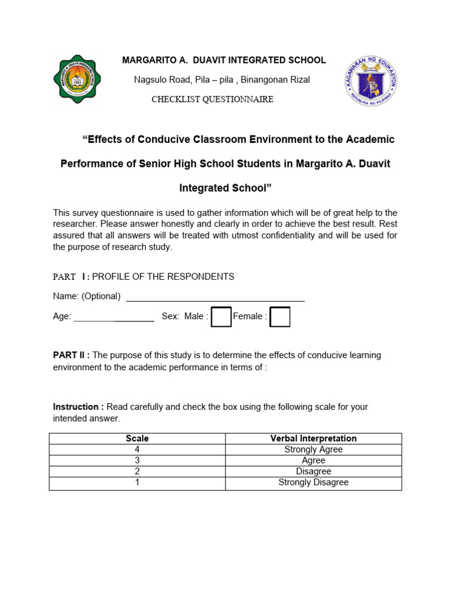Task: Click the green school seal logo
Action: click(x=77, y=79)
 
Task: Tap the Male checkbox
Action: click(x=221, y=316)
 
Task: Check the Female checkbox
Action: click(x=280, y=316)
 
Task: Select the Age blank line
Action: click(x=114, y=317)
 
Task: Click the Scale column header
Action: click(x=137, y=439)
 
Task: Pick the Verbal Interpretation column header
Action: click(x=314, y=439)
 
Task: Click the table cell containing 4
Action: click(x=137, y=450)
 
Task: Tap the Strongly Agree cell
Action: click(x=314, y=450)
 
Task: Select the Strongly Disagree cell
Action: click(x=314, y=483)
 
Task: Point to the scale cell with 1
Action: click(x=137, y=483)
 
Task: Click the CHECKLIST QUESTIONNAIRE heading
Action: click(x=213, y=99)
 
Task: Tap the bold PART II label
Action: click(x=70, y=355)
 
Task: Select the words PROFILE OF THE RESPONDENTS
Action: click(x=163, y=277)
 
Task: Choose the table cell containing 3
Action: click(x=137, y=461)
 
